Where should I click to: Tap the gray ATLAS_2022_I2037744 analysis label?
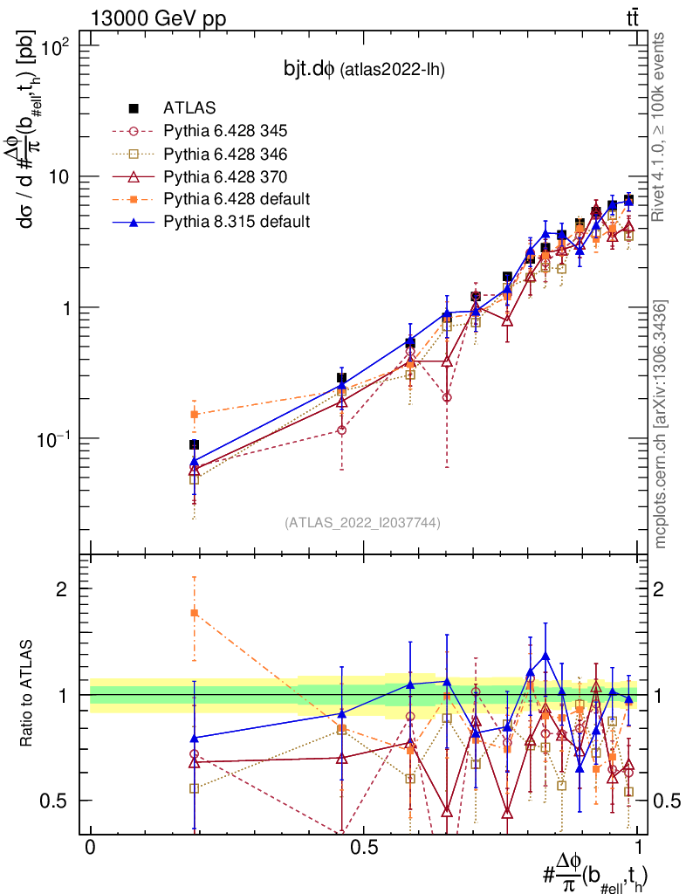(361, 523)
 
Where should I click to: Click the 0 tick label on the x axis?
(90, 848)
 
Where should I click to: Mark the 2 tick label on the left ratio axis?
(62, 589)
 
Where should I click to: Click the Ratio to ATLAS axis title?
(29, 695)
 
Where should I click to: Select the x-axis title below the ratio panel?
(595, 873)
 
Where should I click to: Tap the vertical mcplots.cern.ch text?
(661, 424)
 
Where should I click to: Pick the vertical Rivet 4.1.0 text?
(661, 126)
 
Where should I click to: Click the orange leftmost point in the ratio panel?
(195, 613)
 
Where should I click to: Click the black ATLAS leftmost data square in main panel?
(195, 444)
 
